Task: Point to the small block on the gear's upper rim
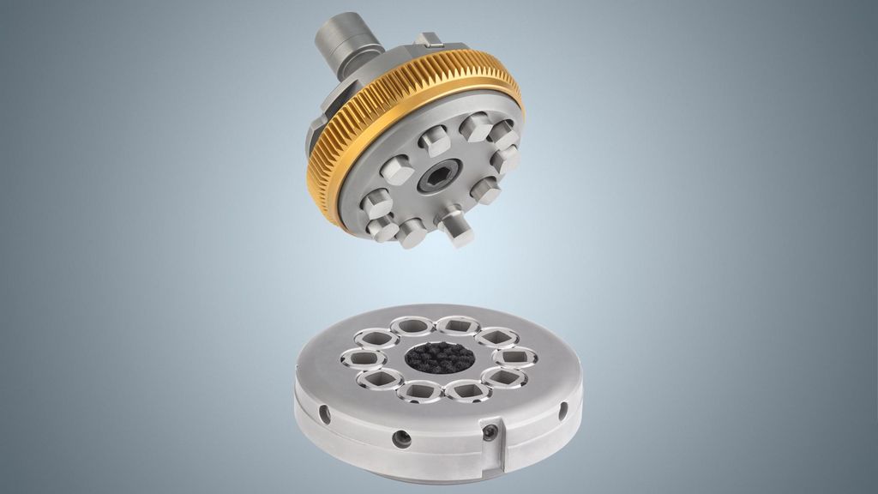[430, 39]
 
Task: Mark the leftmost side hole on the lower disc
[325, 414]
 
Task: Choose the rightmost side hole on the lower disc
[563, 411]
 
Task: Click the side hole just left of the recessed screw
[400, 439]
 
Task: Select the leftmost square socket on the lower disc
[355, 358]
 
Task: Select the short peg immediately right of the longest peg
[485, 190]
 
